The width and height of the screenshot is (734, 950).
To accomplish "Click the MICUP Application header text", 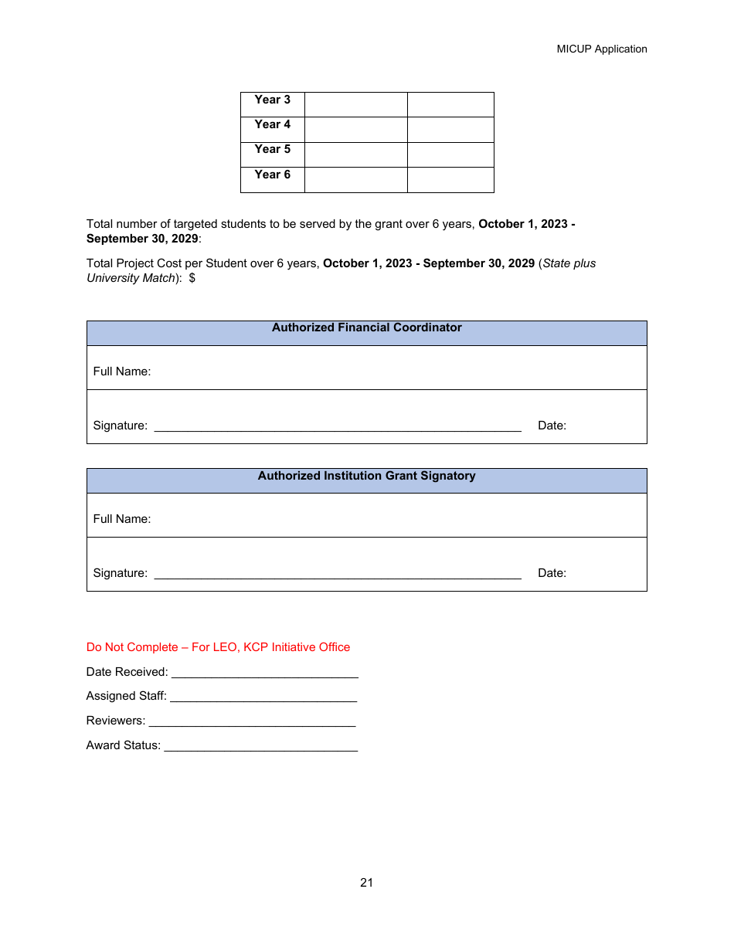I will coord(601,49).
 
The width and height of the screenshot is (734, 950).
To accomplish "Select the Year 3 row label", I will coord(272,100).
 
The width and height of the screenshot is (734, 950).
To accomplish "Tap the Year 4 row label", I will coord(272,124).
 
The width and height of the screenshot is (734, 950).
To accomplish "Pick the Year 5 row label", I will coord(272,149).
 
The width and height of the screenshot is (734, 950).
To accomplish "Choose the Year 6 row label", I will coord(272,175).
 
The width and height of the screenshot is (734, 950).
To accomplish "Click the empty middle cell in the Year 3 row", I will coord(355,104).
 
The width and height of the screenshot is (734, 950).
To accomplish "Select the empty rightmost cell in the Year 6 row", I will coord(450,180).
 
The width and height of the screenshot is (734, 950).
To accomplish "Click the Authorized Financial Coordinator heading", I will coord(366,327).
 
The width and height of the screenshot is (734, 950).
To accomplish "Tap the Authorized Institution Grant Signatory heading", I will coord(366,476).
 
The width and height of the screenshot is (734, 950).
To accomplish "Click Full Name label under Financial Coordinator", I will coord(122,372).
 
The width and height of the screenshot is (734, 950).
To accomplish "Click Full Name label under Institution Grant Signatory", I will coord(122,519).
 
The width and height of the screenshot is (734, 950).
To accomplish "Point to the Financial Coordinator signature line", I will coord(338,429).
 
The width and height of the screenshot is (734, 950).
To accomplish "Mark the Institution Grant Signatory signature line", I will coord(338,576).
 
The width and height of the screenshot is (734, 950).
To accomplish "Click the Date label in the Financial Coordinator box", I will coord(552,426).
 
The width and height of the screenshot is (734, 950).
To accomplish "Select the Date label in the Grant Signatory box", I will coord(552,573).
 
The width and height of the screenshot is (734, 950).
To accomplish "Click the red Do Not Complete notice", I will coord(218,647).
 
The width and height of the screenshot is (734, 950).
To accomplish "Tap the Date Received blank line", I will coord(264,676).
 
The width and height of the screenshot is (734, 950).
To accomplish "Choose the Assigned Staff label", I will coord(126,696).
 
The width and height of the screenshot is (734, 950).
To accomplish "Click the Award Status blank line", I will coord(260,749).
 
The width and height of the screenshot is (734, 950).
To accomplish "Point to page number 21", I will coord(366,883).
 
